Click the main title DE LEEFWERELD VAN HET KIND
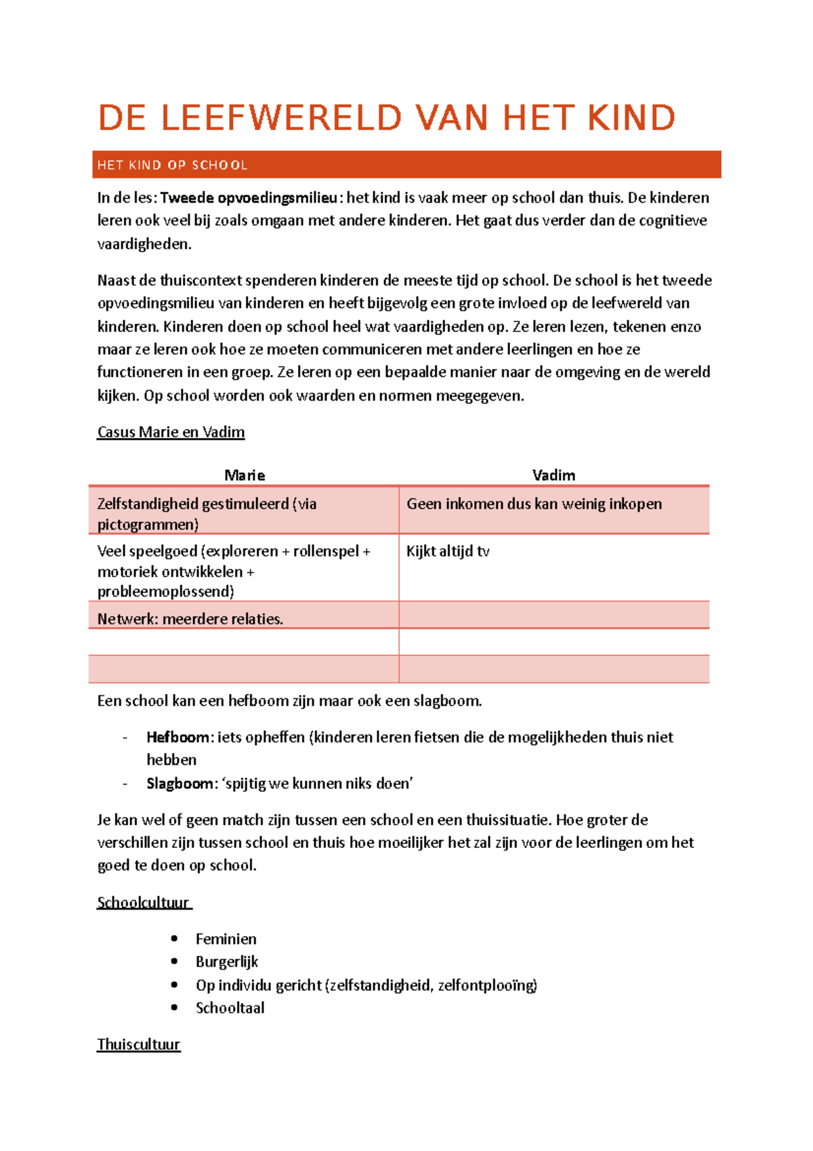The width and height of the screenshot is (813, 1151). coord(386,118)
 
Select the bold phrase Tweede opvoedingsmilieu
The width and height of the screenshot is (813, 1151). coord(249,198)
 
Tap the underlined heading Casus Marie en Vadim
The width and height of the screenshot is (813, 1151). coord(171,432)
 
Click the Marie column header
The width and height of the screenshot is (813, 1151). coord(245,475)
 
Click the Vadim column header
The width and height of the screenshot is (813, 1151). coord(554,475)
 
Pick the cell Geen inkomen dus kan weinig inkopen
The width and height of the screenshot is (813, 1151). coord(534,504)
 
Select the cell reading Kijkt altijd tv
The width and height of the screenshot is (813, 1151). coord(448,551)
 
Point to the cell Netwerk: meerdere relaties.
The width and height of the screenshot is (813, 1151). coord(190,618)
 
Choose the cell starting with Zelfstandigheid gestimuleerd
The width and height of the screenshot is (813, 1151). coord(207,513)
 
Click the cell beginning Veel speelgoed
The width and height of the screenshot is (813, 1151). coord(234,571)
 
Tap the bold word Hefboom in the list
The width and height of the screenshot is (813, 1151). coord(178,738)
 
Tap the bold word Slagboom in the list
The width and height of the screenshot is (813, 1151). coord(180,784)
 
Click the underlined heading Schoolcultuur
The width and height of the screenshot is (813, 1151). coord(143,902)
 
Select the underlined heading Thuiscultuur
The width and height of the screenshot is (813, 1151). coord(139,1044)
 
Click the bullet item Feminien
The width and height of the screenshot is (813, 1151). coord(226,939)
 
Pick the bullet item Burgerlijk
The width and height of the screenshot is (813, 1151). coord(227,962)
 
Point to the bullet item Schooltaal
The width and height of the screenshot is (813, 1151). coord(230,1008)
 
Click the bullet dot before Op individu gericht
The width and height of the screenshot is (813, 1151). coord(175,985)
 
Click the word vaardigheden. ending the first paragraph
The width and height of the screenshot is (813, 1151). coord(144,244)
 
